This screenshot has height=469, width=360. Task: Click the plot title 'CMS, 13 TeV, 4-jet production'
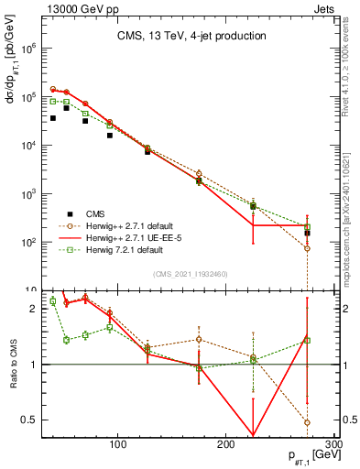pyautogui.click(x=191, y=36)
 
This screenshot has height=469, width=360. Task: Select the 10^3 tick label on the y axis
pyautogui.click(x=28, y=194)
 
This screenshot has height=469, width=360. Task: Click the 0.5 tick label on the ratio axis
pyautogui.click(x=27, y=420)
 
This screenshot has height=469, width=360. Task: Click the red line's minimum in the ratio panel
pyautogui.click(x=253, y=436)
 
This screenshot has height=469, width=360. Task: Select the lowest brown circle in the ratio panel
pyautogui.click(x=307, y=422)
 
